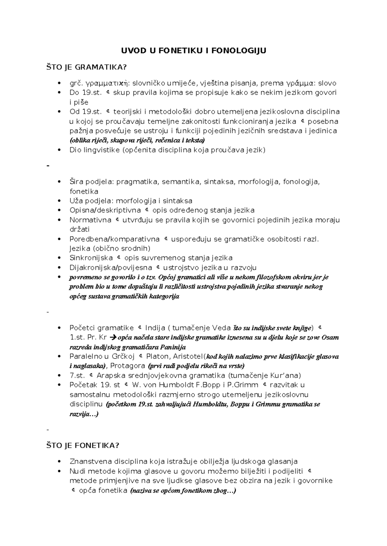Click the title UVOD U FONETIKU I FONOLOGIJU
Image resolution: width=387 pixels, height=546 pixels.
click(x=193, y=51)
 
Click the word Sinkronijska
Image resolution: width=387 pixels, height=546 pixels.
click(x=91, y=258)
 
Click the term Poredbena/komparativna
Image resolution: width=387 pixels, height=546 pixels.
click(x=114, y=239)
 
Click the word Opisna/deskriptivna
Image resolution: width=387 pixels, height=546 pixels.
click(x=105, y=211)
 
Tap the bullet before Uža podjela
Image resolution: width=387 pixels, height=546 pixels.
click(x=59, y=201)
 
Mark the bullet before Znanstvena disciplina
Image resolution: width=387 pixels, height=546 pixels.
click(x=59, y=462)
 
